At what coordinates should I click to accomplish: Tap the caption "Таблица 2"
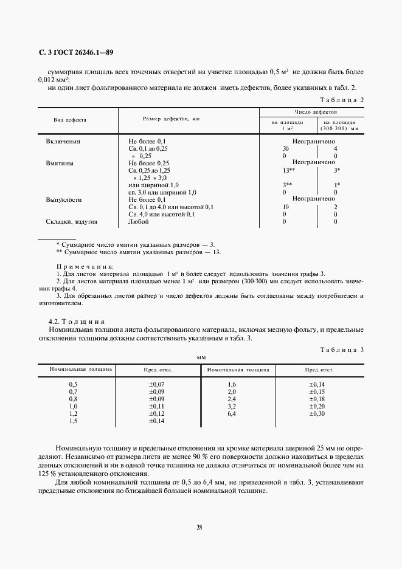coord(342,99)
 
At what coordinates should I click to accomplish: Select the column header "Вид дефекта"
coord(70,120)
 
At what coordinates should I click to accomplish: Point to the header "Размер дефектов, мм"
coord(172,120)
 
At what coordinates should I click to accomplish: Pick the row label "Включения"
coord(63,141)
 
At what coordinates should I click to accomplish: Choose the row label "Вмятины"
coord(60,163)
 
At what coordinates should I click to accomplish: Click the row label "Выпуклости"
coord(64,199)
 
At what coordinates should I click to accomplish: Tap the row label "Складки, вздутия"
coord(72,222)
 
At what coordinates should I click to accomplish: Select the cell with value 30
coord(286,148)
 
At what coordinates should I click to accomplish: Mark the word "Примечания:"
coord(85,266)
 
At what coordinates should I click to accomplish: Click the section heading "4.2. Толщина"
coord(77,320)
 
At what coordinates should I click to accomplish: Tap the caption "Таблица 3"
coord(342,350)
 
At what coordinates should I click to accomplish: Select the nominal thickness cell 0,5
coord(74,385)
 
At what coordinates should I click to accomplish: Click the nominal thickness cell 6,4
coord(231,413)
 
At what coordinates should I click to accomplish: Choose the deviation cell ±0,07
coord(157,385)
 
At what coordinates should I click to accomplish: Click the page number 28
coord(199,527)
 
